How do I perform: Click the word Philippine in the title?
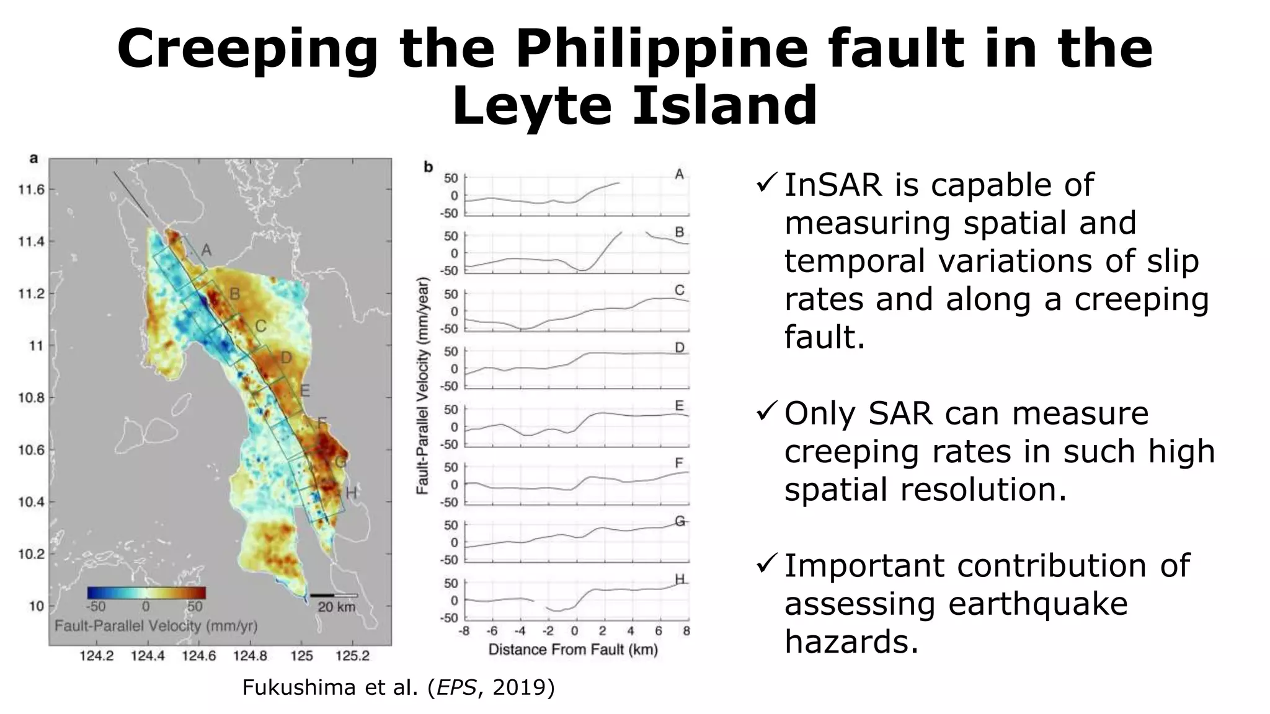tap(662, 50)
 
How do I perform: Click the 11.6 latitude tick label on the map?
tap(32, 190)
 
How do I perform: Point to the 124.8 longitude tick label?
tap(251, 656)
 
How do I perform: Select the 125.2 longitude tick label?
tap(353, 656)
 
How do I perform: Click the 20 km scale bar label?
tap(336, 607)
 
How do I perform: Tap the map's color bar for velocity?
tap(146, 593)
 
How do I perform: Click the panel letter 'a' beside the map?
tap(33, 159)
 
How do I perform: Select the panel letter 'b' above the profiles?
tap(428, 167)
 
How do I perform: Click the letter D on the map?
tap(286, 358)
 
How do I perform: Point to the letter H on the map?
tap(351, 493)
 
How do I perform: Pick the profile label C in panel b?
tap(680, 290)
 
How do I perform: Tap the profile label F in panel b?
tap(680, 463)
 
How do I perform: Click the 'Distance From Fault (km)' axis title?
tap(573, 650)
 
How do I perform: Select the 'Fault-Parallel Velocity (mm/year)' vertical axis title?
tap(423, 386)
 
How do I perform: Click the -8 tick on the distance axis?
tap(463, 632)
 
